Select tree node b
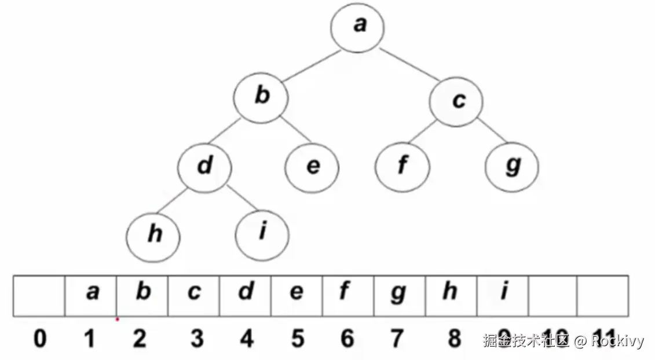coord(262,97)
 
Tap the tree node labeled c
coord(456,101)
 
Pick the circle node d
coord(204,167)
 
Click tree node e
coord(312,167)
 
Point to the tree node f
coord(402,167)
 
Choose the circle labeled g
coord(512,167)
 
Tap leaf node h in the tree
coord(154,235)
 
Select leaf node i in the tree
coord(262,234)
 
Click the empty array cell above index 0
coord(39,295)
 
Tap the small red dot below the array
coord(117,319)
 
